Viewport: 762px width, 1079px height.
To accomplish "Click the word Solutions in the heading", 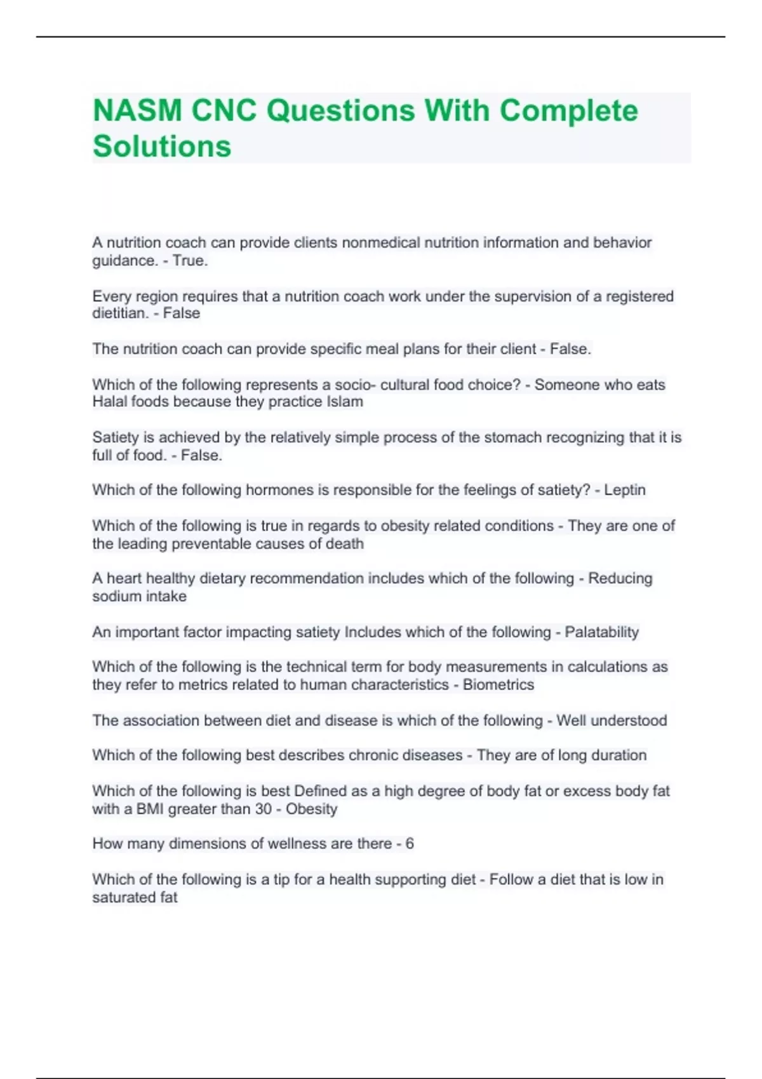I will [x=162, y=147].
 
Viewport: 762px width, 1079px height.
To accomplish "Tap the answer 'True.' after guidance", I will [x=190, y=261].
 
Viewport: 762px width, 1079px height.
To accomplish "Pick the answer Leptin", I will [x=625, y=490].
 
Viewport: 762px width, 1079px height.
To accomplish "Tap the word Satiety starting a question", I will [x=113, y=437].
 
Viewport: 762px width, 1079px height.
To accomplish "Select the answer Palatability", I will [x=601, y=632].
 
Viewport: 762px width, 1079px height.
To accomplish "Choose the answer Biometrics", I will [x=498, y=685].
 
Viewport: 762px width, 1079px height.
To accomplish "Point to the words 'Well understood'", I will [x=612, y=720].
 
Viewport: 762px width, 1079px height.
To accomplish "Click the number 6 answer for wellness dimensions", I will [x=410, y=844].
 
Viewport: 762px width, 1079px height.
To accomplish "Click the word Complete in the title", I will [x=568, y=110].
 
